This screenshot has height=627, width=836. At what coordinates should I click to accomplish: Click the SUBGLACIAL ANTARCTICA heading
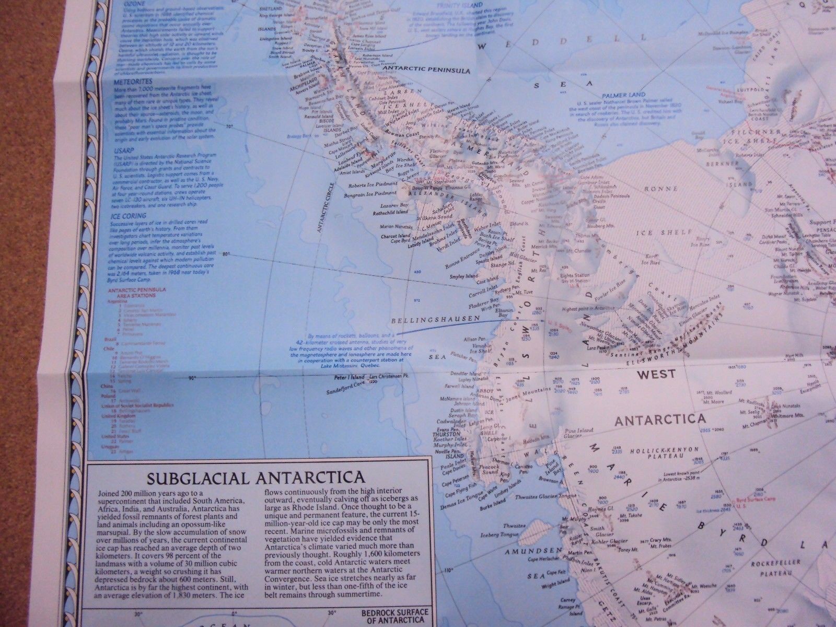256,478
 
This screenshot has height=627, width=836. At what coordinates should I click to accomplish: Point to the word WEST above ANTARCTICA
656,374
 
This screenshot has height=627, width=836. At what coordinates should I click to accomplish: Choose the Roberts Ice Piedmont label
366,185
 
